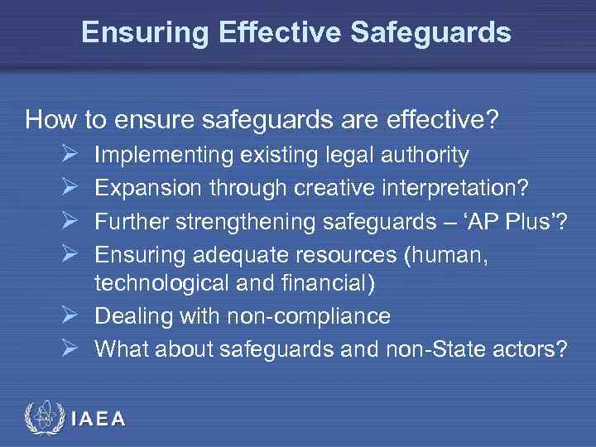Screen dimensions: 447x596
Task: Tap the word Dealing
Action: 129,316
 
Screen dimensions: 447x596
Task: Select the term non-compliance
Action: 298,316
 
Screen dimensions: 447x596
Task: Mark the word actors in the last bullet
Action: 530,348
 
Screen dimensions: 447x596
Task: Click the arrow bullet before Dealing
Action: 70,316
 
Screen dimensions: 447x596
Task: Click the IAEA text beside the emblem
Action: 99,419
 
